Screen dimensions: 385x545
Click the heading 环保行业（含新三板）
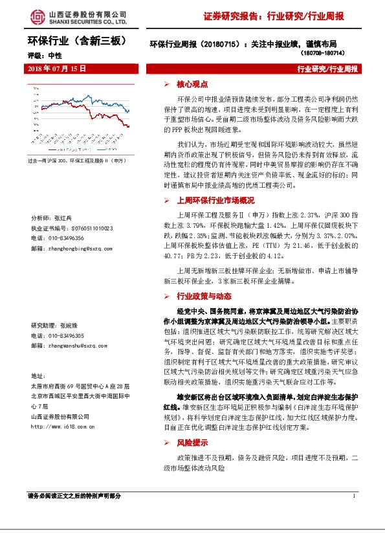74,41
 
